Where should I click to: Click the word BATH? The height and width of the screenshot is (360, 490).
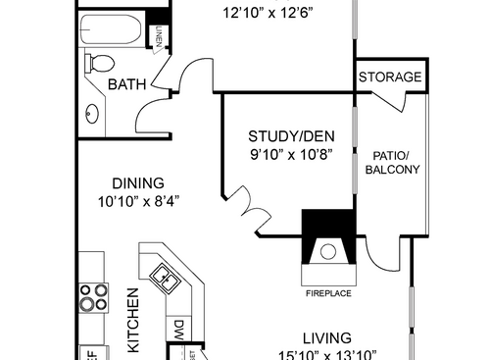tap(127, 85)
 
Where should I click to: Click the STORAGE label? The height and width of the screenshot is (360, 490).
tap(390, 77)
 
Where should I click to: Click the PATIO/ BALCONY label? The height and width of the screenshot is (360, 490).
tap(392, 162)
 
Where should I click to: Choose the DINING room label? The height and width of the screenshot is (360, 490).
tap(137, 182)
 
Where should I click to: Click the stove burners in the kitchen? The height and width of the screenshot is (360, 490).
tap(92, 297)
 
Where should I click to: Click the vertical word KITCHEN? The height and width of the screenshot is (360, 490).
tap(131, 320)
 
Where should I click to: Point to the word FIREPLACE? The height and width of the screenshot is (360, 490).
tap(327, 292)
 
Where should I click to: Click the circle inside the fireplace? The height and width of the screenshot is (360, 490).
tap(327, 253)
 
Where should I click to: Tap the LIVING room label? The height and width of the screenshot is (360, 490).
tap(329, 336)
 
